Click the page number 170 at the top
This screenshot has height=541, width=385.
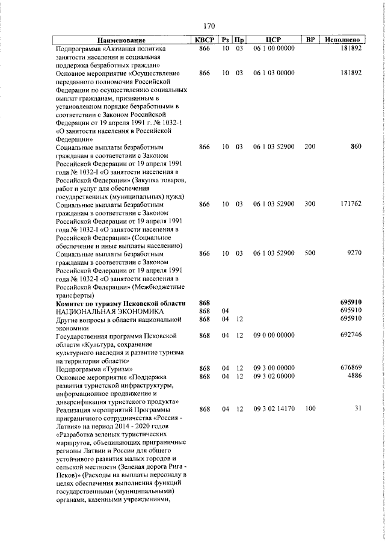click(209, 26)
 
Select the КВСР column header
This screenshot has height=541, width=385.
click(204, 40)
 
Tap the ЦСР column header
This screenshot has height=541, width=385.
click(274, 40)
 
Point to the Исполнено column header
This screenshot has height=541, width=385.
click(342, 40)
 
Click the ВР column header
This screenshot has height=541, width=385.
click(310, 40)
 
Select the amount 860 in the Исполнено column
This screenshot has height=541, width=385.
click(355, 146)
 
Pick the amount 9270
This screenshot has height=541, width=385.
click(353, 253)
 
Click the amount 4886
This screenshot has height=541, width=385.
click(353, 376)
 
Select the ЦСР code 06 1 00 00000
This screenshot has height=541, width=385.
click(274, 48)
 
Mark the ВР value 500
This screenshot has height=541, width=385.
click(310, 253)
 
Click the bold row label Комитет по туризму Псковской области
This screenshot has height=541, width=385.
click(120, 303)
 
